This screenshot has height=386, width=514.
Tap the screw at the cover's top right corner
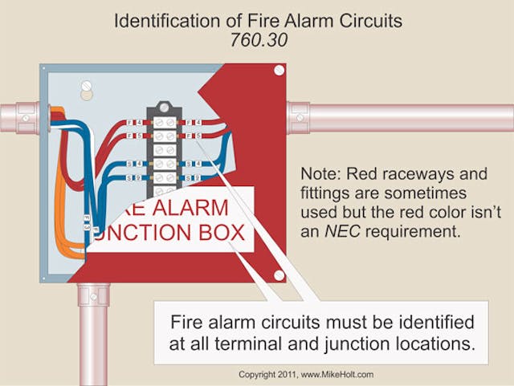coord(279,71)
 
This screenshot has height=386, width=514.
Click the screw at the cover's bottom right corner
coord(279,275)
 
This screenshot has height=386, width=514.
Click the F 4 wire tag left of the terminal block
coord(137,123)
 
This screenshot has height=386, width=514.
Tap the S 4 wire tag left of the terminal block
coord(137,164)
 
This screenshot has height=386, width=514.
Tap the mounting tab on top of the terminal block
coord(165,106)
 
